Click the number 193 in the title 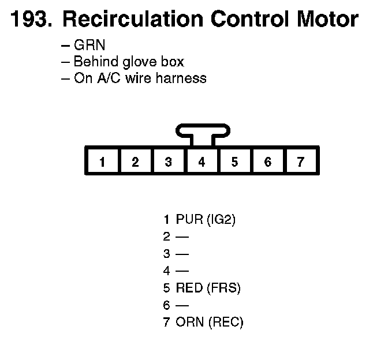[29, 20]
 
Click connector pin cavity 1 [102, 162]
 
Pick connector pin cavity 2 [135, 162]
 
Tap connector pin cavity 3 [168, 162]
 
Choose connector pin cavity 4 [202, 162]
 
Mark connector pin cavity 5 [234, 162]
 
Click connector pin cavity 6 [267, 162]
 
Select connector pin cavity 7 [300, 162]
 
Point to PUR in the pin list [188, 219]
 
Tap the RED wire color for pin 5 [189, 288]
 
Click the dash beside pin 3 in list [182, 254]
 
